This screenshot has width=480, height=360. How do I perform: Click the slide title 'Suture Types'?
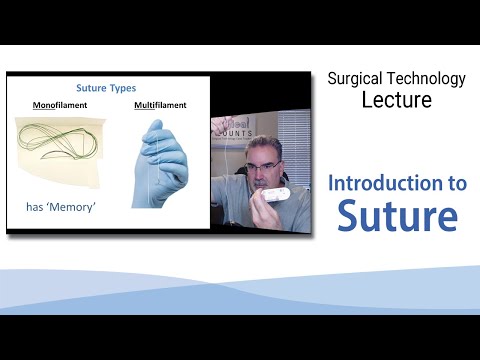(x=107, y=87)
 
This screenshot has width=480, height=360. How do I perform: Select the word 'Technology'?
(x=430, y=77)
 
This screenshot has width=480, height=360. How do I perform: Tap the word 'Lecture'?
(x=396, y=102)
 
